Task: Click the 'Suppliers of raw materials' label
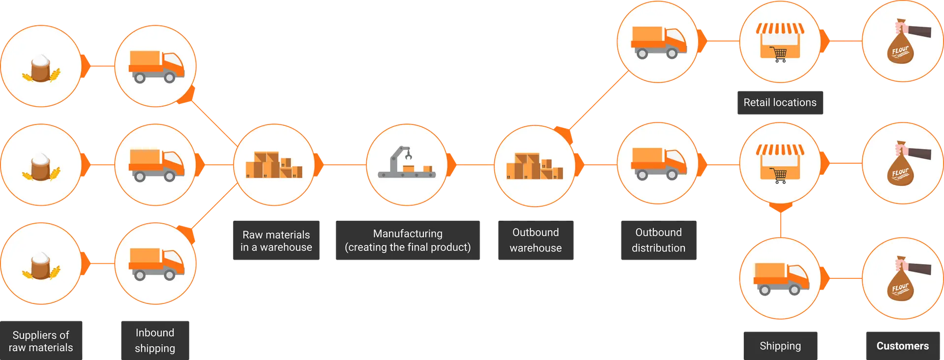click(x=41, y=341)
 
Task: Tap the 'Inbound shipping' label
click(x=155, y=340)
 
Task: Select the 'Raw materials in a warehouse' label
click(x=276, y=240)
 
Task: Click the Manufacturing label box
click(x=408, y=240)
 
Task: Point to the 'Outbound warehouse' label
click(x=535, y=240)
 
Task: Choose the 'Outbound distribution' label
click(x=658, y=240)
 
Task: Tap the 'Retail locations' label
click(x=780, y=103)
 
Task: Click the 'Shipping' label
click(x=780, y=346)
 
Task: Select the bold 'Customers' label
click(x=903, y=346)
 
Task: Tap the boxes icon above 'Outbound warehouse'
click(x=534, y=166)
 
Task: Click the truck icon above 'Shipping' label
click(x=781, y=279)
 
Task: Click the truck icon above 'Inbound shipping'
click(x=156, y=264)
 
